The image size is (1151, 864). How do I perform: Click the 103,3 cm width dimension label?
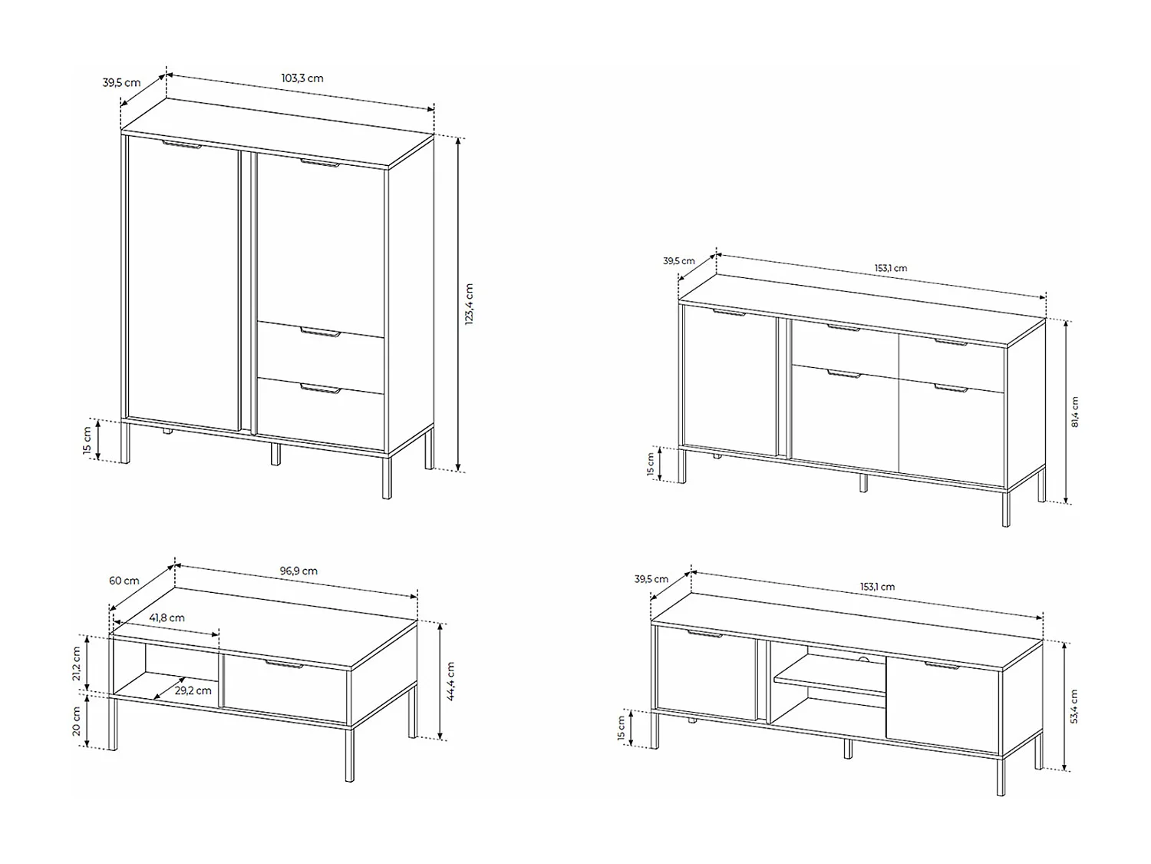(x=302, y=78)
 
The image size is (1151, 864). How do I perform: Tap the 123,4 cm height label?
(x=470, y=303)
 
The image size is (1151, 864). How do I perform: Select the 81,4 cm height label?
(x=1074, y=412)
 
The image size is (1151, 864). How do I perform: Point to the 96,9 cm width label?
(x=298, y=571)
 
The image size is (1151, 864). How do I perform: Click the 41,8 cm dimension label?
(x=167, y=617)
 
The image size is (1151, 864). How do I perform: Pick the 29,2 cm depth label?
(x=193, y=690)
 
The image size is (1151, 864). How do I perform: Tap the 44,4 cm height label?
(x=450, y=681)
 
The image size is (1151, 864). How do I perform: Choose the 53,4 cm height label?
(x=1073, y=707)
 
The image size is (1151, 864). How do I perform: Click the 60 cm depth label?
(x=124, y=581)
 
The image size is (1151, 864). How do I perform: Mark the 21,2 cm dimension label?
(x=77, y=664)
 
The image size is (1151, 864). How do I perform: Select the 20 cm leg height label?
(x=77, y=721)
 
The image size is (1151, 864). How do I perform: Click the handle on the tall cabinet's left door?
(x=181, y=144)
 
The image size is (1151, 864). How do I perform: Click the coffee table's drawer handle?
(x=284, y=664)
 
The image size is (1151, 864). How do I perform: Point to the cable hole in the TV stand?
(x=863, y=660)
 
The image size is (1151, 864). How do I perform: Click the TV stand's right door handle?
(x=942, y=666)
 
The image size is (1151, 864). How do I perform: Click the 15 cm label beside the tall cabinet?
(x=87, y=441)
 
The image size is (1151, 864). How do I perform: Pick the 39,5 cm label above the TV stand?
(x=651, y=579)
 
